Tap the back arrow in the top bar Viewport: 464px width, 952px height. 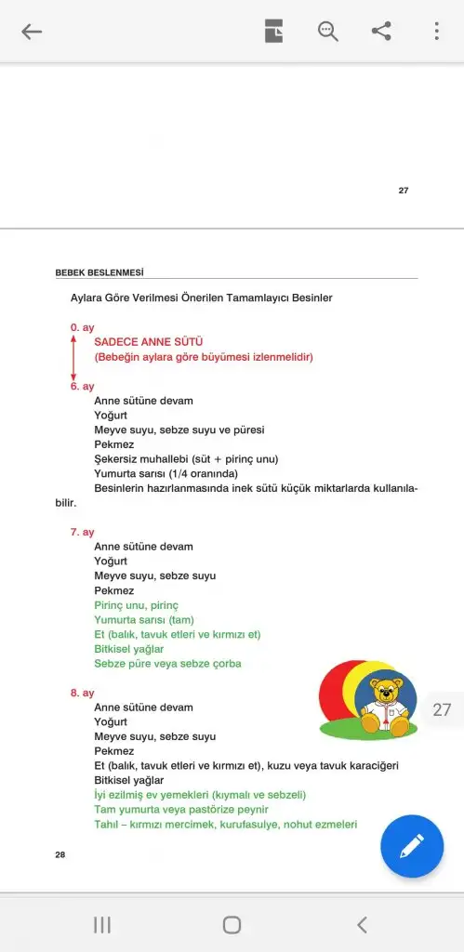32,32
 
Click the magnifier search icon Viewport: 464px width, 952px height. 327,32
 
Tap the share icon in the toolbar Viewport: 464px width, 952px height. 381,32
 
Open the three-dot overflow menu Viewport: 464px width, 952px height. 436,32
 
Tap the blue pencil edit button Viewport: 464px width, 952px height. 412,846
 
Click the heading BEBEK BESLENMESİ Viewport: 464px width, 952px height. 99,272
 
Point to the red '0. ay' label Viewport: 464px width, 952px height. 82,327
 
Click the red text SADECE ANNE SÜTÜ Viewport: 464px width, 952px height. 149,342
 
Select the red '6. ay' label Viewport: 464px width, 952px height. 82,386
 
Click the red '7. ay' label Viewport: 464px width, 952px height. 82,532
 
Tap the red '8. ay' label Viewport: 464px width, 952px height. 82,693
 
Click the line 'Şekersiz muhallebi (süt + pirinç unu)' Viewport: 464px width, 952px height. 186,458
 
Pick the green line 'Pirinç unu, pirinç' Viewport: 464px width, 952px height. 136,605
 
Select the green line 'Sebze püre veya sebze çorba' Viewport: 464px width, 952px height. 168,664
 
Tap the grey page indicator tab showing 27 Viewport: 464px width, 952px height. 442,709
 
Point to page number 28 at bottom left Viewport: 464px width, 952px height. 60,853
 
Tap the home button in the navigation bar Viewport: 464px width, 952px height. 232,924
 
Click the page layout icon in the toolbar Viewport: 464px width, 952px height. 273,32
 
